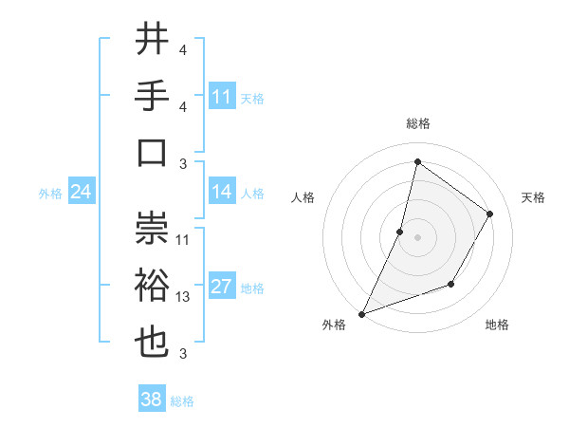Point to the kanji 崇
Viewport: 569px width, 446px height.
153,226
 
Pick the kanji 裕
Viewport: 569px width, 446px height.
153,285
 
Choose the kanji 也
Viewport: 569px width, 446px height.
153,342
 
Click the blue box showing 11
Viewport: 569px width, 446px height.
222,97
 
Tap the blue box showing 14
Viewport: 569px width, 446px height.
222,193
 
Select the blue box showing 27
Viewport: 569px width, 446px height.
222,288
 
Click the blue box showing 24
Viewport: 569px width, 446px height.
81,193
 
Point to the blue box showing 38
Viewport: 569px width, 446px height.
152,400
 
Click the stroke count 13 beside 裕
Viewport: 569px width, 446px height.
183,297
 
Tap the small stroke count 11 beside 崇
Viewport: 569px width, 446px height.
183,239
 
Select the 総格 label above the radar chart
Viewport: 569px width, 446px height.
417,123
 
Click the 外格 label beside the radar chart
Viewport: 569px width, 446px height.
334,325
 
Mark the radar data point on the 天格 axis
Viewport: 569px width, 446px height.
490,214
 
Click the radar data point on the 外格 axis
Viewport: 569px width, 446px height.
361,313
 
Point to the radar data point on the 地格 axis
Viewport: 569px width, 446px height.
452,284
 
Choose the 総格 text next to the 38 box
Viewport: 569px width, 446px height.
183,401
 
